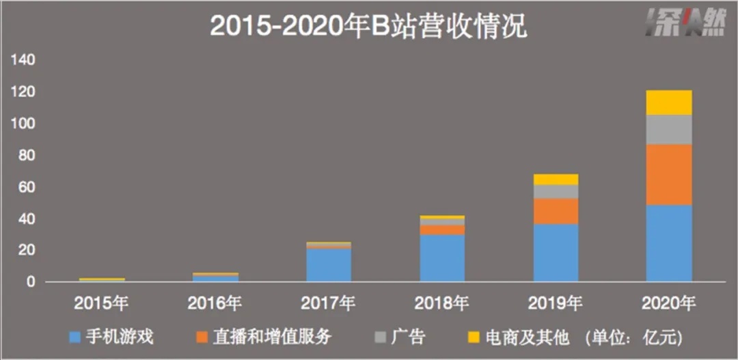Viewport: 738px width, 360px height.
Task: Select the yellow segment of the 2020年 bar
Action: (x=669, y=102)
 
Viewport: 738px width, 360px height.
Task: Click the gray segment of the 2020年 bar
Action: (x=669, y=130)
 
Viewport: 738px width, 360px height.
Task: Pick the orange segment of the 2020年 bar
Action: (x=669, y=175)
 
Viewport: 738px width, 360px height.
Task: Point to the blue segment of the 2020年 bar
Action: (x=669, y=243)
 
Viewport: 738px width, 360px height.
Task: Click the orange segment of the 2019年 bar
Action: (x=556, y=211)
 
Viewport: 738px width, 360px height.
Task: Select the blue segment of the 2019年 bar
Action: (x=556, y=253)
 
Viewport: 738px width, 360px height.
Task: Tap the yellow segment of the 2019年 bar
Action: (x=556, y=180)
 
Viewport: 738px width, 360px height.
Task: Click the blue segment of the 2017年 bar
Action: (x=329, y=265)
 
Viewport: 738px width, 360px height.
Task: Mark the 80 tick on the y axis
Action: (x=27, y=156)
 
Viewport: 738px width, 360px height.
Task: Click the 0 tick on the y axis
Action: (x=31, y=281)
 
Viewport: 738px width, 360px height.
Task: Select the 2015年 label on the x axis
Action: (x=102, y=301)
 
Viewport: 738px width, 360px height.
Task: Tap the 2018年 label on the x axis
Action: (x=442, y=301)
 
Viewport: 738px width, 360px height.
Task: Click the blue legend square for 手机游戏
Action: (x=77, y=337)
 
